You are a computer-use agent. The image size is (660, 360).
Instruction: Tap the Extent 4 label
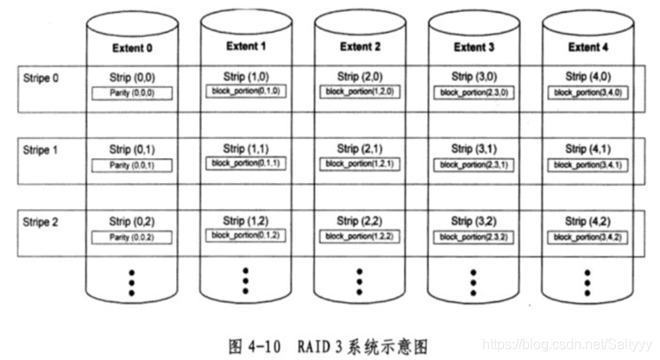[587, 47]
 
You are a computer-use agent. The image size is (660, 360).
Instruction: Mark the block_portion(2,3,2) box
[473, 235]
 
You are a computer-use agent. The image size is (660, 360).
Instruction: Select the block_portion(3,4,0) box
[587, 91]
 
